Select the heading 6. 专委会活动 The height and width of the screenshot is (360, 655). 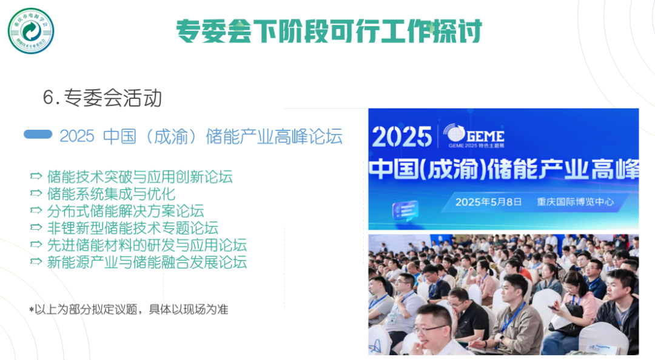(102, 98)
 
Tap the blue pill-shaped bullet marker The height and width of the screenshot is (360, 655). (38, 135)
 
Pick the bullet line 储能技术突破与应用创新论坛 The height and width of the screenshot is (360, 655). (139, 177)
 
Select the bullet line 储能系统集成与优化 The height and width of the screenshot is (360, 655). (111, 194)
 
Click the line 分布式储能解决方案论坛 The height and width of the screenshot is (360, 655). (125, 211)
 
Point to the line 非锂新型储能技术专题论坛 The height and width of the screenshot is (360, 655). (132, 228)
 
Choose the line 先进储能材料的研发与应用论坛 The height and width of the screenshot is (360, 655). (147, 245)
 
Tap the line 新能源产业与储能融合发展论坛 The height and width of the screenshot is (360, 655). (147, 262)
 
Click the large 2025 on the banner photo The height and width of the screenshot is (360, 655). (401, 137)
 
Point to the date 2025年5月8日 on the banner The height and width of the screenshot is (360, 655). (488, 202)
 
